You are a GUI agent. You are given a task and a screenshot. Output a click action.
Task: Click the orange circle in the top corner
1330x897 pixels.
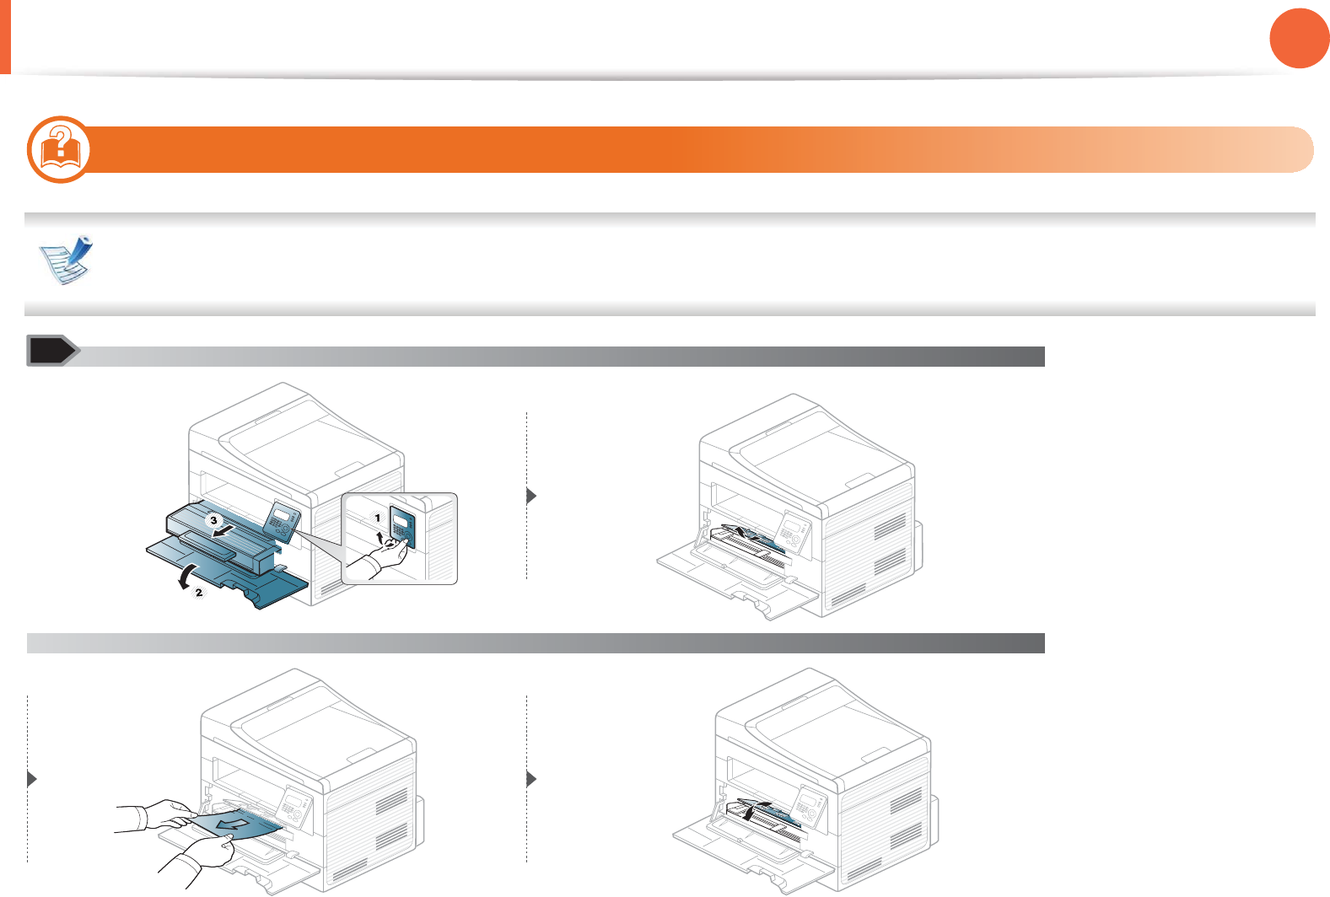[x=1299, y=38]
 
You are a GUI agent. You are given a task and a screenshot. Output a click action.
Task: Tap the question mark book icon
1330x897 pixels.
[x=58, y=149]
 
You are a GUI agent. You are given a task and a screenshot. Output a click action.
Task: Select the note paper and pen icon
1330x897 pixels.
[x=67, y=260]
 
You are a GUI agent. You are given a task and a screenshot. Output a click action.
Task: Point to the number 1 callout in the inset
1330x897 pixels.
[x=378, y=518]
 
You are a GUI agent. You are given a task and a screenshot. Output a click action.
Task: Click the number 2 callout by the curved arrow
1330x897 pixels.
[x=199, y=593]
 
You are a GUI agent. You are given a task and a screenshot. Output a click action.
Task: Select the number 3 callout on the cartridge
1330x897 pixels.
[x=214, y=520]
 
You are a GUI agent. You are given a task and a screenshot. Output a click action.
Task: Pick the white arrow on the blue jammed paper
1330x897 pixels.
[x=230, y=821]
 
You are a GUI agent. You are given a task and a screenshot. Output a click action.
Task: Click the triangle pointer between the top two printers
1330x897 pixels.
[x=531, y=496]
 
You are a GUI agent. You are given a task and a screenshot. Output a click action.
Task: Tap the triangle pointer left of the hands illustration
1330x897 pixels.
[x=32, y=779]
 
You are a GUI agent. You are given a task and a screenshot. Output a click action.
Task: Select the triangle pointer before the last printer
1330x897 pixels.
[x=531, y=779]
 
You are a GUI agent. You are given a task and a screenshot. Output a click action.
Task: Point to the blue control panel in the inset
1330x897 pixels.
[x=402, y=526]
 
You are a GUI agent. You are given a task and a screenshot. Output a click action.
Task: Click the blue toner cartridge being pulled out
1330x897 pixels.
[x=223, y=533]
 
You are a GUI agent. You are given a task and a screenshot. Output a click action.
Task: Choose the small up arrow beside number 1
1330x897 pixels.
[x=380, y=535]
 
